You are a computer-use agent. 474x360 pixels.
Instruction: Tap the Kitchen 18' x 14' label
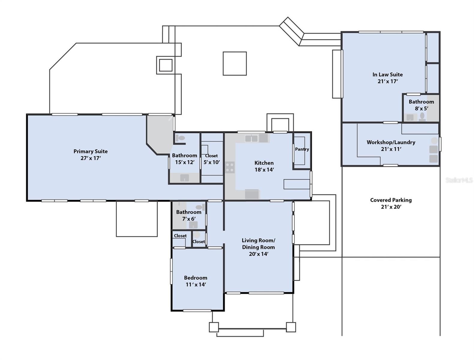[x=264, y=166]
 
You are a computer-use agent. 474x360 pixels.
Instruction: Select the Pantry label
[x=302, y=149]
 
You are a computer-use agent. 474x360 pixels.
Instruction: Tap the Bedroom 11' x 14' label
[x=195, y=281]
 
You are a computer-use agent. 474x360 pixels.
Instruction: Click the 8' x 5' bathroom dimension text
[x=421, y=108]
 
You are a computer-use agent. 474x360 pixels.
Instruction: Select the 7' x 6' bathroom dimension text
[x=189, y=218]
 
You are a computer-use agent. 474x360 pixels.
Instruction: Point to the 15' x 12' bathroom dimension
[x=185, y=162]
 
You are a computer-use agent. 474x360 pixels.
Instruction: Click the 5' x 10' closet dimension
[x=211, y=162]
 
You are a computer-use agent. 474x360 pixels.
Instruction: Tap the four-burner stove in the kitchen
[x=230, y=167]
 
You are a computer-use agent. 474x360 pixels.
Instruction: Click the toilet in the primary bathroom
[x=180, y=138]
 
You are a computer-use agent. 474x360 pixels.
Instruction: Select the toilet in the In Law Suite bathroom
[x=422, y=116]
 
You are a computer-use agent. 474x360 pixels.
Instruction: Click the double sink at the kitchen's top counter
[x=251, y=138]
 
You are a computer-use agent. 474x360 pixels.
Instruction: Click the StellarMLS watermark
[x=459, y=180]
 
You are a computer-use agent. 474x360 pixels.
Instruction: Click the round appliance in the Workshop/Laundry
[x=434, y=141]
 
